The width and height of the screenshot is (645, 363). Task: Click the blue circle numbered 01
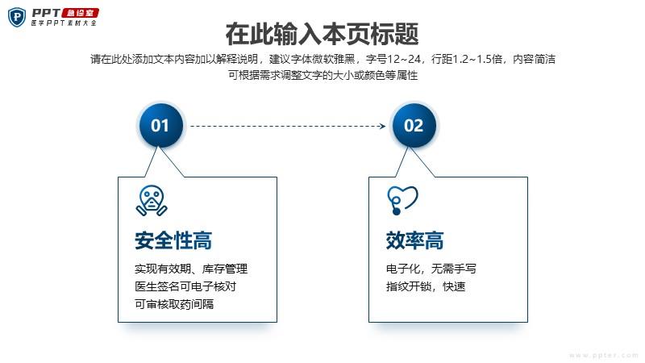(x=160, y=125)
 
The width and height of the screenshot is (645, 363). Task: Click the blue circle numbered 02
(x=414, y=125)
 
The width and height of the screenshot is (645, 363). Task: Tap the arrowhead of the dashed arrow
(x=382, y=126)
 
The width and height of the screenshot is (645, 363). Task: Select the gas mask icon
(x=152, y=201)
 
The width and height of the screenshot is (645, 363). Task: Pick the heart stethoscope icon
(x=402, y=200)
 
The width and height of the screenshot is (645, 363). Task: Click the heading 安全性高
(x=173, y=240)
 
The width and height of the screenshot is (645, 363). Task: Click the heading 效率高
(x=414, y=240)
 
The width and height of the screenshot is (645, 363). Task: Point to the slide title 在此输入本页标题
(x=322, y=34)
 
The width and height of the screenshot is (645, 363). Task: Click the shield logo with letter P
(x=17, y=17)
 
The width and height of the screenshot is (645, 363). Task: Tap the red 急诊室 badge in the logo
(x=80, y=13)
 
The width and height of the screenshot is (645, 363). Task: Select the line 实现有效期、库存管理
(x=191, y=269)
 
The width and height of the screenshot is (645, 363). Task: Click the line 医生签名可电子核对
(x=185, y=286)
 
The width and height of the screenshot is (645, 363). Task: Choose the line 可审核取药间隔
(x=174, y=304)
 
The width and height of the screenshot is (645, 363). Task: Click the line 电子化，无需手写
(x=431, y=269)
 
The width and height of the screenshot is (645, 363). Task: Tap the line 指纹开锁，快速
(x=426, y=286)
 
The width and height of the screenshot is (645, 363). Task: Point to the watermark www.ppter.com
(x=603, y=355)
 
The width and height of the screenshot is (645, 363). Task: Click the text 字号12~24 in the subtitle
(x=393, y=59)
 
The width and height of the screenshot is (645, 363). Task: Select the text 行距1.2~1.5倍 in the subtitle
(x=467, y=59)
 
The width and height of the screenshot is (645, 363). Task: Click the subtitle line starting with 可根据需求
(x=323, y=75)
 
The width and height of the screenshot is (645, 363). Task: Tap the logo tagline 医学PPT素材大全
(x=64, y=23)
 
